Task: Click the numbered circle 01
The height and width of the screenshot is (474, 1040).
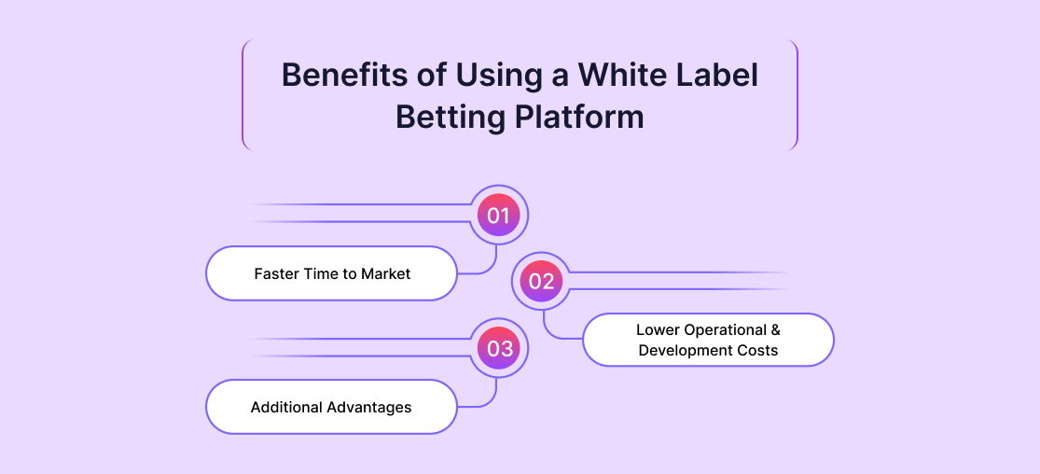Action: pyautogui.click(x=499, y=216)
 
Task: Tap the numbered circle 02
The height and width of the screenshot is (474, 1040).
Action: pyautogui.click(x=542, y=282)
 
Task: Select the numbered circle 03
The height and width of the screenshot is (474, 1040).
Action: pyautogui.click(x=499, y=349)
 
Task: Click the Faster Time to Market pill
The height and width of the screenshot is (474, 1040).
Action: pyautogui.click(x=332, y=273)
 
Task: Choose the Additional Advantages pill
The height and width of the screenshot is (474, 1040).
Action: pyautogui.click(x=331, y=407)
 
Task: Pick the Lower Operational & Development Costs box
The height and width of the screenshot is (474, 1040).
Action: pyautogui.click(x=708, y=340)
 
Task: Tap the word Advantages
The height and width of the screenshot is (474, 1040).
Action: pyautogui.click(x=369, y=408)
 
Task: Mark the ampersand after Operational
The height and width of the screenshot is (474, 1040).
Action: pyautogui.click(x=774, y=330)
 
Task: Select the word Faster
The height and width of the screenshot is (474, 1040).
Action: pyautogui.click(x=276, y=274)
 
